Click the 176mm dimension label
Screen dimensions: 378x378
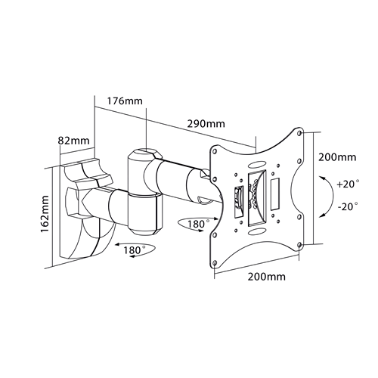click(x=125, y=101)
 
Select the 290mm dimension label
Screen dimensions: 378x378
click(x=206, y=124)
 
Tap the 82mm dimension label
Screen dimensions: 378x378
click(x=73, y=141)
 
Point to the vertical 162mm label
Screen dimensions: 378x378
click(x=45, y=214)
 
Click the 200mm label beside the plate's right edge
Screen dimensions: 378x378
click(x=337, y=157)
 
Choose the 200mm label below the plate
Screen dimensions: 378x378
click(x=267, y=277)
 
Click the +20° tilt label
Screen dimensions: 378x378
click(x=348, y=184)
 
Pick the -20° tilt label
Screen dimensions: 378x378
click(x=348, y=206)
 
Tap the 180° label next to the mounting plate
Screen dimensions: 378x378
click(x=198, y=224)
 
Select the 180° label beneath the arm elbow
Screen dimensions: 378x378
click(x=135, y=250)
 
